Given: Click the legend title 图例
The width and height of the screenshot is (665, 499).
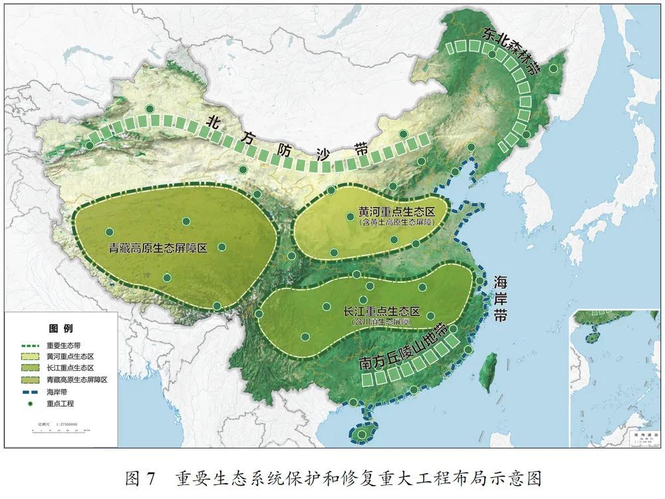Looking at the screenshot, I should pyautogui.click(x=61, y=329).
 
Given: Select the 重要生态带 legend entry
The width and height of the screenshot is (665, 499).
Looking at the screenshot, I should pyautogui.click(x=64, y=346).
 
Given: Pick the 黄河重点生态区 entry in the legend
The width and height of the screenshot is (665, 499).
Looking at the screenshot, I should pyautogui.click(x=69, y=357).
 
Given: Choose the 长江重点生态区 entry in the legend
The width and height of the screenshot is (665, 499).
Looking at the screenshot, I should pyautogui.click(x=69, y=367).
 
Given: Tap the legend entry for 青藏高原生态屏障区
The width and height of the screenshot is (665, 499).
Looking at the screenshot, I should pyautogui.click(x=76, y=379).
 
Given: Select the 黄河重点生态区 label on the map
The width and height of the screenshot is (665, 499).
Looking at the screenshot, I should pyautogui.click(x=396, y=212).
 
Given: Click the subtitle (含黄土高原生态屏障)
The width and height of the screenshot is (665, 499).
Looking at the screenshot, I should pyautogui.click(x=396, y=223).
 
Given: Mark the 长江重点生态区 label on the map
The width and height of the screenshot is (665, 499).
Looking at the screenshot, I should pyautogui.click(x=382, y=311).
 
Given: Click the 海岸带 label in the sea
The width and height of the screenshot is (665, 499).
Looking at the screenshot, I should pyautogui.click(x=500, y=299).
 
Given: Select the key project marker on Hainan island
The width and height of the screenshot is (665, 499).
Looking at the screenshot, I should pyautogui.click(x=361, y=434).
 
